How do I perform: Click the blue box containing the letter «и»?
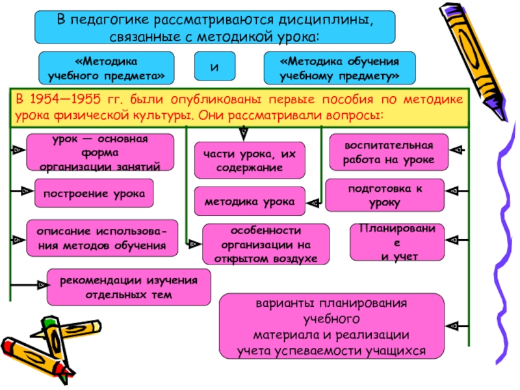tap(214, 66)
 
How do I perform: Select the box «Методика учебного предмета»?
tap(106, 68)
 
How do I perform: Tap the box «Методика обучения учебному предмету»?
tap(339, 68)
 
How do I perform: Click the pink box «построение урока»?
tap(94, 193)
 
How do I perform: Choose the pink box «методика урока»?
tap(250, 201)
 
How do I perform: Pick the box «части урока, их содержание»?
tap(250, 160)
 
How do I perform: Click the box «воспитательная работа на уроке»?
tap(389, 152)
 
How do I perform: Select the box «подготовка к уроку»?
tap(385, 195)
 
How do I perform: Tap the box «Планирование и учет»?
tap(397, 242)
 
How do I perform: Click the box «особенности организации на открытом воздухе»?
tap(266, 244)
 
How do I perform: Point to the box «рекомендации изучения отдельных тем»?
tap(129, 287)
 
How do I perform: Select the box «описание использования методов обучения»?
tap(102, 238)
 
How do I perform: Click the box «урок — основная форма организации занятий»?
tap(100, 152)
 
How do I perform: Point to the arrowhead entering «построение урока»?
tap(27, 191)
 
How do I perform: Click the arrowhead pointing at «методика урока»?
tap(313, 203)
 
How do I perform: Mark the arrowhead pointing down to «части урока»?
tap(244, 134)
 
